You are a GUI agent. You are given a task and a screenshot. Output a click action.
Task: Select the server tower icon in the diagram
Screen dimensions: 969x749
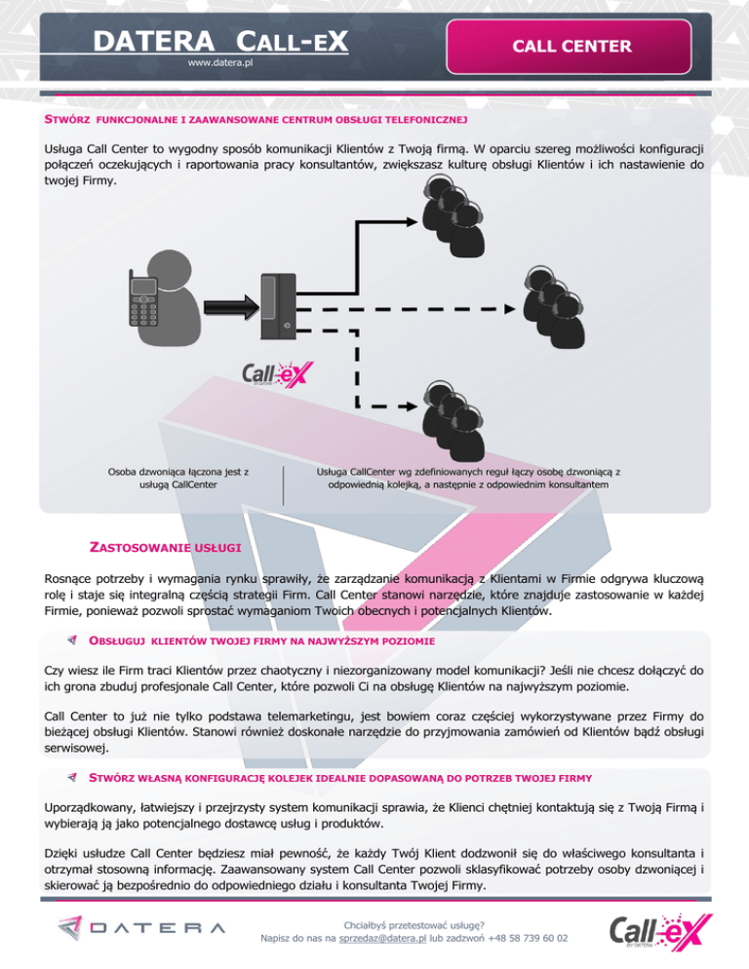[278, 307]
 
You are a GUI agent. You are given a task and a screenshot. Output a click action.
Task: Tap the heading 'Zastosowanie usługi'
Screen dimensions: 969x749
[165, 548]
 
